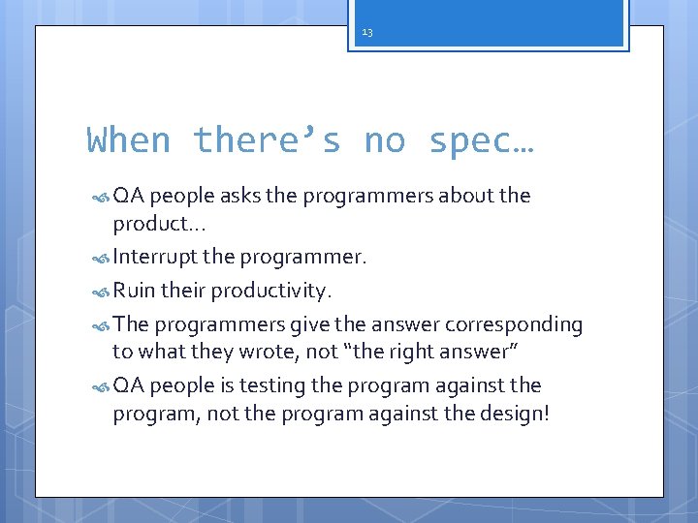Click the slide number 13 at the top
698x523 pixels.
pos(366,33)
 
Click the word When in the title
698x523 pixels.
pos(129,140)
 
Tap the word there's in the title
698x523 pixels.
pos(267,140)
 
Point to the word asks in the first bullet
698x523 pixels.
pos(240,196)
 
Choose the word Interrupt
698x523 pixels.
pos(153,258)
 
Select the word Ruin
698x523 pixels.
pos(135,291)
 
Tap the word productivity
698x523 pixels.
pos(271,292)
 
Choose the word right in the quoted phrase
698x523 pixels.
pos(443,353)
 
